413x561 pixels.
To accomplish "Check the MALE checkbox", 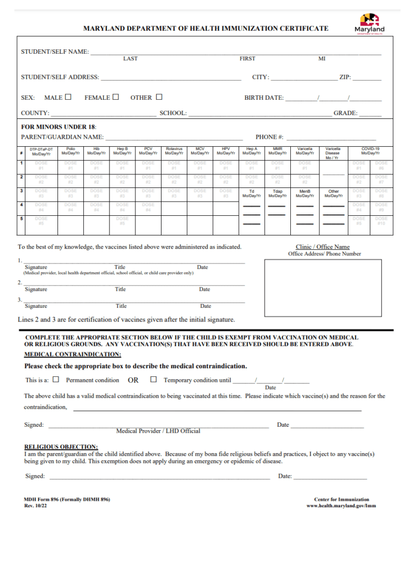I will click(68, 98).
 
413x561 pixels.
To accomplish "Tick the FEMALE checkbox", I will click(116, 98).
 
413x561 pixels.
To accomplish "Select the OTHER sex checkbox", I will click(159, 98).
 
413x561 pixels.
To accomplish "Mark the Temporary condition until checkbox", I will click(153, 379).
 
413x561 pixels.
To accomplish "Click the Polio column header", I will click(71, 151).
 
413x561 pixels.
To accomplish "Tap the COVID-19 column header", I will click(370, 151).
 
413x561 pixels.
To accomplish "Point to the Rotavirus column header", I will click(174, 151).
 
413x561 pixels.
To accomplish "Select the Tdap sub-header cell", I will click(277, 193).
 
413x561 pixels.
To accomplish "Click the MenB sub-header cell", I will click(305, 193).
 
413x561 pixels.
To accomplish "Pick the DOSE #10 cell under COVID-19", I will click(381, 221).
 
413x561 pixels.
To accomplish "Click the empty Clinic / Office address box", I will click(323, 288).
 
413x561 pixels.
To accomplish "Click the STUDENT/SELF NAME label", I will click(55, 51).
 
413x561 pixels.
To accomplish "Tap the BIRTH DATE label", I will click(263, 98).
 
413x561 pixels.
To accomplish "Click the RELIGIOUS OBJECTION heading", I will click(61, 447).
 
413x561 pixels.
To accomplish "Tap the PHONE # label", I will click(269, 137).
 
